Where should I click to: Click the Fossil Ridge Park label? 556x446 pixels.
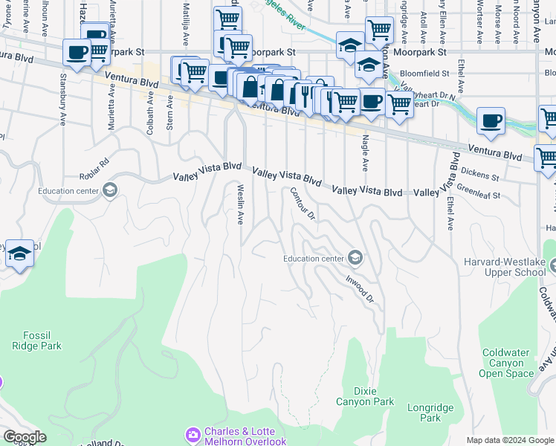click(36, 340)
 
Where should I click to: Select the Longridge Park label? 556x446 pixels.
click(424, 413)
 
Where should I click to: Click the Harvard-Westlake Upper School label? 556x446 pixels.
click(505, 268)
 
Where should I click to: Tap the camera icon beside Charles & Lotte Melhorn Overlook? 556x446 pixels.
click(193, 433)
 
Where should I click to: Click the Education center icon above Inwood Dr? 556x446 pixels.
click(355, 258)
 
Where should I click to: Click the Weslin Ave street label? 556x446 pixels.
click(240, 204)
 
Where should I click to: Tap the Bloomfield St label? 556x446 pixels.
click(424, 74)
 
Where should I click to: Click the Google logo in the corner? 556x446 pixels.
click(25, 437)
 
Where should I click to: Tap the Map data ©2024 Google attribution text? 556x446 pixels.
click(509, 439)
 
